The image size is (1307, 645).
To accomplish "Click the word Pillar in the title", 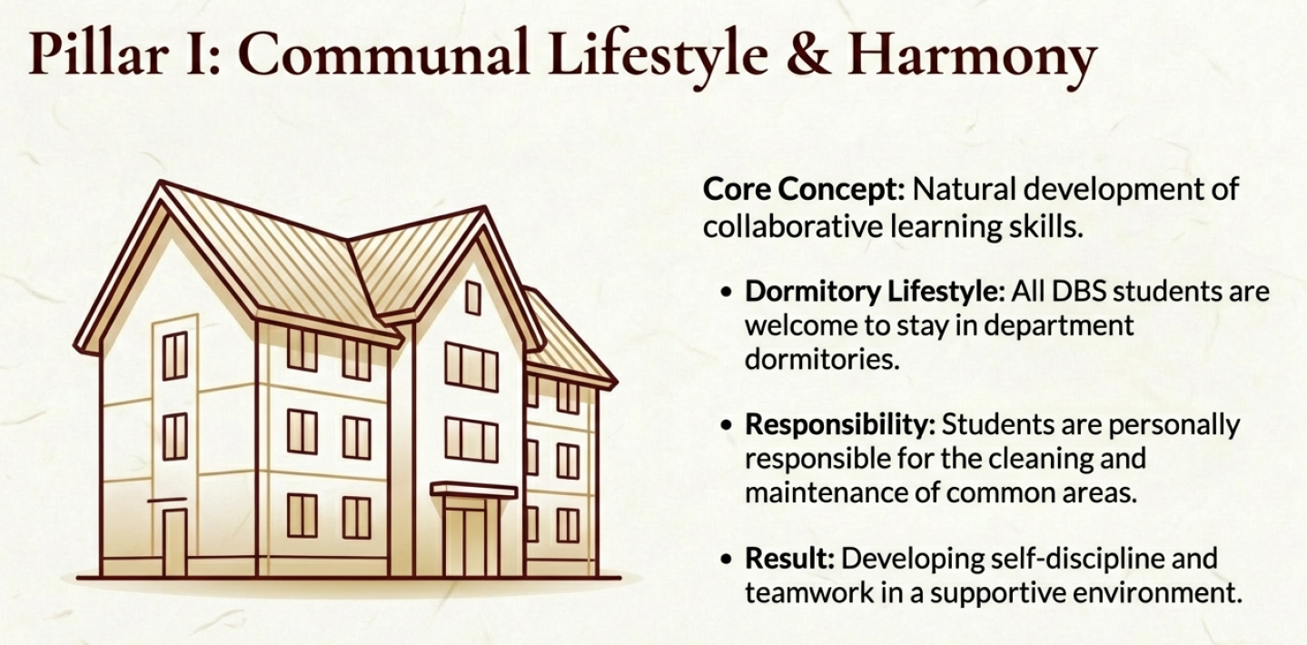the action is coord(99,54).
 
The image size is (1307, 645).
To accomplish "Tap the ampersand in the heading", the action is coord(807,54).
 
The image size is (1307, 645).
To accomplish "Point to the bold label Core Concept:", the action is coord(804,189).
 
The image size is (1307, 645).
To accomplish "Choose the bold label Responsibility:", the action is coord(840,425).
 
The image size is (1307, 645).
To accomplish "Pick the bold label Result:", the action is coord(790,559).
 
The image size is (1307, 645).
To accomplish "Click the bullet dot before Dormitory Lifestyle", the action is coord(726,292).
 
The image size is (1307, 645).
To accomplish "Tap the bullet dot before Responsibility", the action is coord(726,425).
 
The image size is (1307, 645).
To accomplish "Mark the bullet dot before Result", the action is coord(726,560).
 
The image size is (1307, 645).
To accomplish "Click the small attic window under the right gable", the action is coord(473,298).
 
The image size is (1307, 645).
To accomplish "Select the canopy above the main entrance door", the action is coord(474,491).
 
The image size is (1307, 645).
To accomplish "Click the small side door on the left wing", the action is coord(174,541).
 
